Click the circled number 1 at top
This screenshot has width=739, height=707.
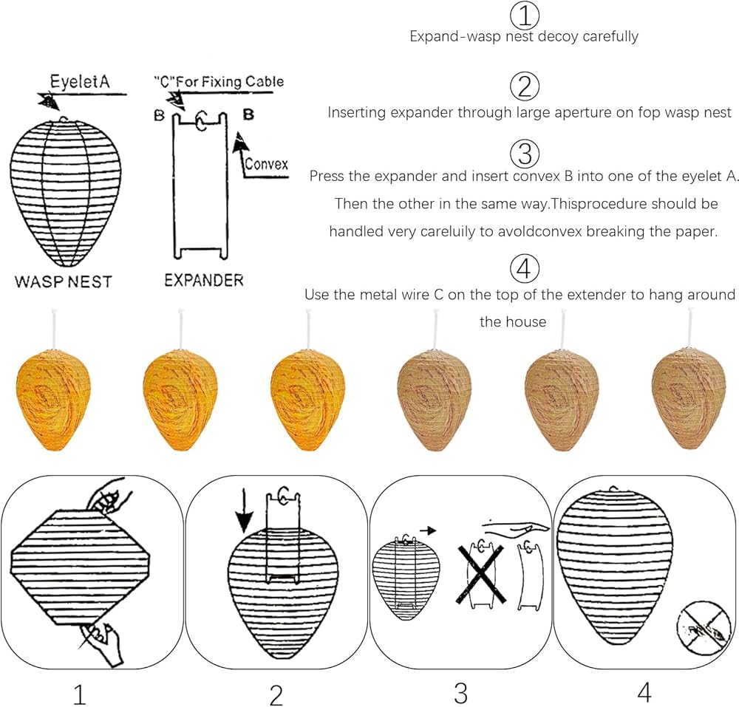(525, 14)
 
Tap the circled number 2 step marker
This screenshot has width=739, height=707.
(525, 88)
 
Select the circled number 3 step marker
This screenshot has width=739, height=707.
(525, 154)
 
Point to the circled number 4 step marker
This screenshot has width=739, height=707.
(525, 267)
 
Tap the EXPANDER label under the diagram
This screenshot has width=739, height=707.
(204, 281)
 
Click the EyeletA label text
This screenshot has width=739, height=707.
(79, 81)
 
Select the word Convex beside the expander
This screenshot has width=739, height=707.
(266, 164)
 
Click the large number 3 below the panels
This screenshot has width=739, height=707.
(460, 692)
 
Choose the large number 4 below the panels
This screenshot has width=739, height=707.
(644, 691)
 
